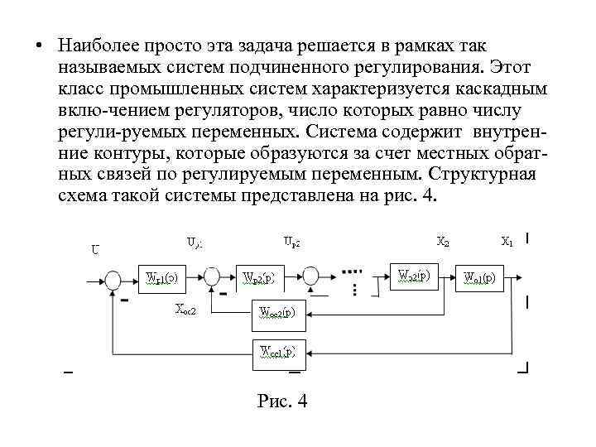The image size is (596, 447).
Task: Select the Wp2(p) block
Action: pos(263,278)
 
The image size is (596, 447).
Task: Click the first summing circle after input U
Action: pos(113,280)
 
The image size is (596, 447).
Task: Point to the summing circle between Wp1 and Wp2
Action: pos(211,276)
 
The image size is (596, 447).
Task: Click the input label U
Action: pos(96,248)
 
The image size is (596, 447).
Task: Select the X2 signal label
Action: pos(443,243)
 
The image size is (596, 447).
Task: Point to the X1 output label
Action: pos(507,243)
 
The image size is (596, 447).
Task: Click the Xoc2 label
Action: pos(187,310)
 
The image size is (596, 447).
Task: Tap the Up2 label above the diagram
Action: pos(291,243)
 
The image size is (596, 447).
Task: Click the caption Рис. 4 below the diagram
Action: pos(283,401)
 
